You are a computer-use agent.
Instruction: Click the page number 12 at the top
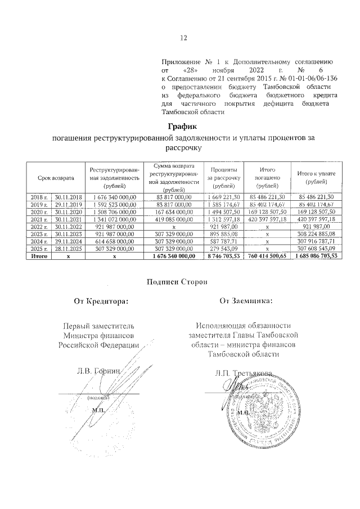pyautogui.click(x=183, y=38)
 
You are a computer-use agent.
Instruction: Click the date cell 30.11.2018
pyautogui.click(x=69, y=197)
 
